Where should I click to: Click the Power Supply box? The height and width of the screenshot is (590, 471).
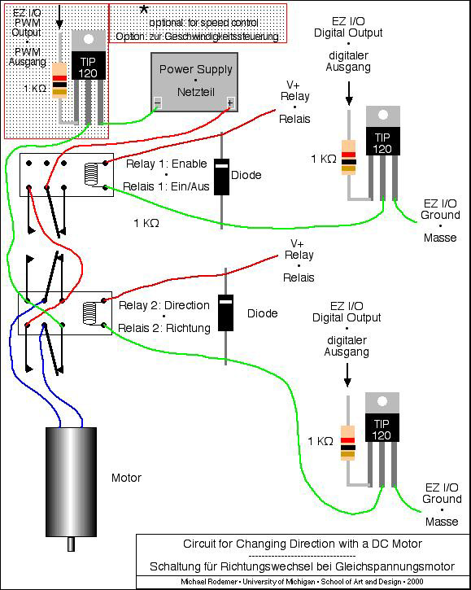click(x=194, y=82)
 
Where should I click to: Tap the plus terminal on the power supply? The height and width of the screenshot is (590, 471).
click(x=230, y=103)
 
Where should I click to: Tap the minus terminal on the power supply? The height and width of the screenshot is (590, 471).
click(x=158, y=103)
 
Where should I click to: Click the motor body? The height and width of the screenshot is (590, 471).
click(x=71, y=482)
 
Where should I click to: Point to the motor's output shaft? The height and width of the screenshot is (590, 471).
click(x=71, y=544)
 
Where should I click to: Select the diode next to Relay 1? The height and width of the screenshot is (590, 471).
click(x=221, y=177)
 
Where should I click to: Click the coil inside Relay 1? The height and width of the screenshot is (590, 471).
click(x=91, y=175)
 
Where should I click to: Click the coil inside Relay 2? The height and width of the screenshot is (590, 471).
click(x=89, y=313)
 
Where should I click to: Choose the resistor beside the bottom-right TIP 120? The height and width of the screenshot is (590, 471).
click(x=347, y=444)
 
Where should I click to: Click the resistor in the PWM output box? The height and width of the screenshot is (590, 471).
click(x=59, y=81)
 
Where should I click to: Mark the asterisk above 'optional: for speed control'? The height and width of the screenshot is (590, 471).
click(x=144, y=9)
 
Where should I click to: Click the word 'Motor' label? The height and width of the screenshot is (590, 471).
click(x=126, y=478)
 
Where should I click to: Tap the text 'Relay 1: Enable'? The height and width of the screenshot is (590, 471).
click(x=166, y=164)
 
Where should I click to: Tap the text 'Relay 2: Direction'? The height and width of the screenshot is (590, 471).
click(x=164, y=305)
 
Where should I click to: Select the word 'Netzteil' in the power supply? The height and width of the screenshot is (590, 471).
click(x=196, y=92)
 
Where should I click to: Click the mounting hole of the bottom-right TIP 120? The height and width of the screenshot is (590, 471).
click(x=382, y=401)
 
